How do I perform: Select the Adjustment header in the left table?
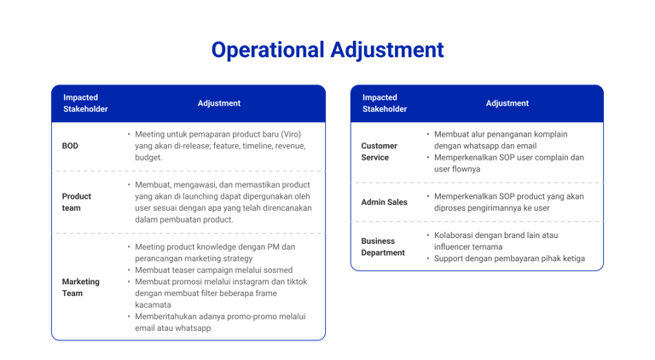(219, 103)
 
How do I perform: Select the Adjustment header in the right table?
(507, 103)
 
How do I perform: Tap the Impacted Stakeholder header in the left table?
(85, 103)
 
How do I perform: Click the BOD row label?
(70, 146)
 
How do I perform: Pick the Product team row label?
(77, 201)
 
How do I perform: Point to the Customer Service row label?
(380, 152)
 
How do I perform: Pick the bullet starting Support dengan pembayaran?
(508, 258)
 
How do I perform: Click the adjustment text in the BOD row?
(219, 146)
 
